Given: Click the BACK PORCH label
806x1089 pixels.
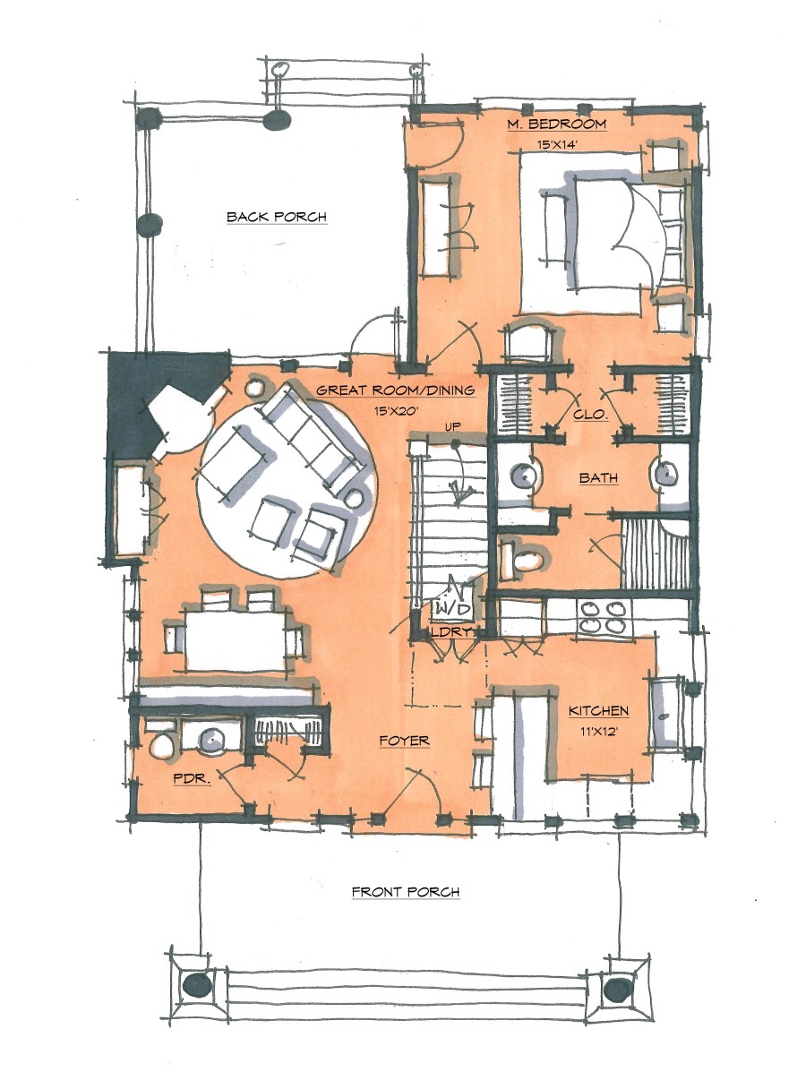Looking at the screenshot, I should [x=276, y=217].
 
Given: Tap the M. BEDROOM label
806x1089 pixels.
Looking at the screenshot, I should [x=556, y=124].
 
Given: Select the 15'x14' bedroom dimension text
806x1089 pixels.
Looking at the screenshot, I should [x=556, y=143].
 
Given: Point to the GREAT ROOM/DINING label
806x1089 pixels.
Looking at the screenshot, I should [x=394, y=390].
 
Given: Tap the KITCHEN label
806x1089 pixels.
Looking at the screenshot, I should [x=598, y=711].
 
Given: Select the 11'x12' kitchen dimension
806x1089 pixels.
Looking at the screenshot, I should [x=598, y=732].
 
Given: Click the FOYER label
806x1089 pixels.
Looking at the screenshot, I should [x=404, y=741].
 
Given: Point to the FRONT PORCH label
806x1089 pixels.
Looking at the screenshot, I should [x=405, y=892].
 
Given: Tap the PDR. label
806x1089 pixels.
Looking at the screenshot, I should [x=191, y=779].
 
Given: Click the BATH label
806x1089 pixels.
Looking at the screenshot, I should [x=597, y=478].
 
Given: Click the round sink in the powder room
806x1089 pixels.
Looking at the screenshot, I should [x=214, y=739].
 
